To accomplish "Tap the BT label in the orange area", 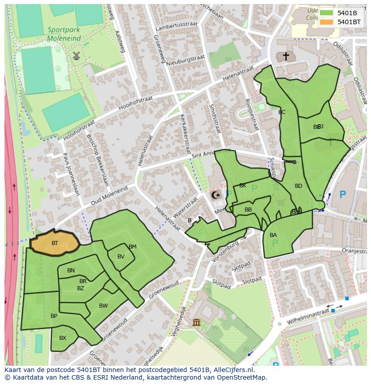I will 55,243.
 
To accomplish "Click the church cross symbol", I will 285,56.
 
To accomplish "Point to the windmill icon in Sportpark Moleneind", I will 76,56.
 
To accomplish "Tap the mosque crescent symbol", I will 215,195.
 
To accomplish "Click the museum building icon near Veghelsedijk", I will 196,322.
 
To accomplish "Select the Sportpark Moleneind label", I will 64,34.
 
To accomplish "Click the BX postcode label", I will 63,338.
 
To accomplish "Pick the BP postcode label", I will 54,316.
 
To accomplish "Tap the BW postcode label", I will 103,306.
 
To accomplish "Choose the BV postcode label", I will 121,257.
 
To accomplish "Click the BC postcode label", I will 281,112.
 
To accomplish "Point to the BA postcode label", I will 273,235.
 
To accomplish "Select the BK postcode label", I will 242,185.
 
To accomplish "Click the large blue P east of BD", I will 343,195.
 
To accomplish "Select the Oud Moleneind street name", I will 108,195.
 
